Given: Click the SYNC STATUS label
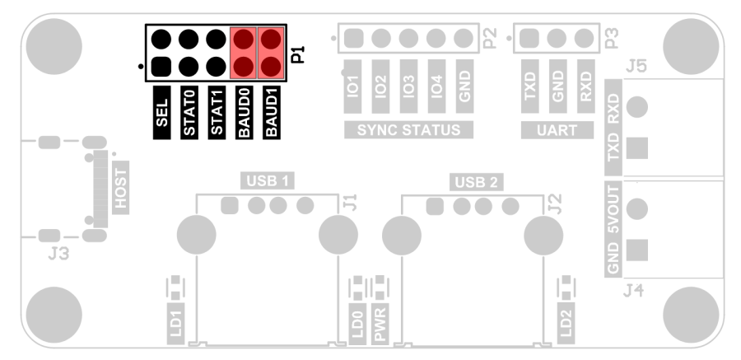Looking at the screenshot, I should [x=408, y=129].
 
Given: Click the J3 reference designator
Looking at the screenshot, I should [x=58, y=254].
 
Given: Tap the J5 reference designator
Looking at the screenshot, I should [x=635, y=66].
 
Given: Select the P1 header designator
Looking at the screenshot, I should [x=297, y=55].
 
